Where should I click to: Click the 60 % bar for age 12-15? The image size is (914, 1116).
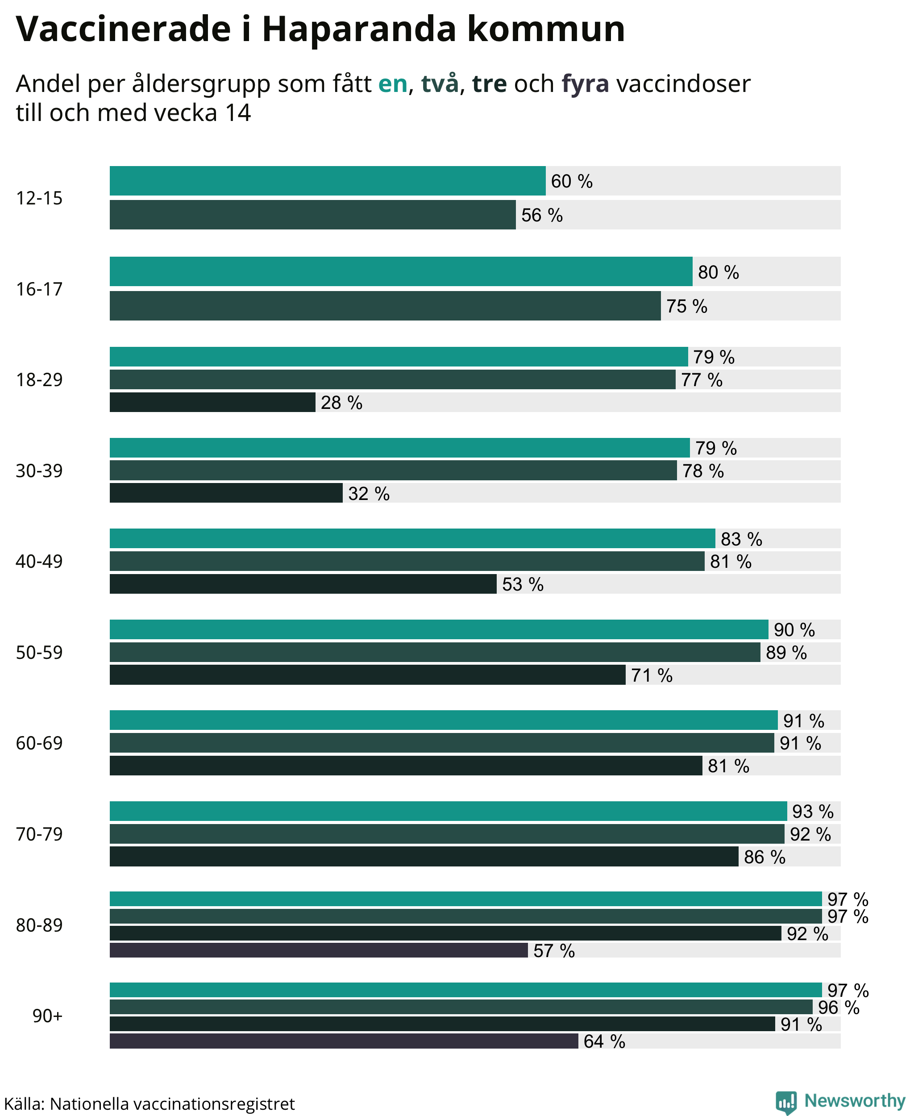click(328, 181)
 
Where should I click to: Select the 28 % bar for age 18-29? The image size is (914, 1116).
click(212, 402)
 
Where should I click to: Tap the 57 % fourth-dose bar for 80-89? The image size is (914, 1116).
click(319, 950)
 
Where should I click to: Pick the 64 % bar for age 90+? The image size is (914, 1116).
click(344, 1041)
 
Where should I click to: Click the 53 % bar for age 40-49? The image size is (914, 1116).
click(303, 584)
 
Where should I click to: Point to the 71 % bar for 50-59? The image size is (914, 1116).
click(367, 675)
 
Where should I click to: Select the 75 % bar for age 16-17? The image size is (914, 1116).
click(385, 305)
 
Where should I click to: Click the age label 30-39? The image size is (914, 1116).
click(39, 471)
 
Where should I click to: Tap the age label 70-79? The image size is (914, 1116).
click(39, 834)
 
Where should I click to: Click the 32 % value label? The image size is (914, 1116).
click(369, 493)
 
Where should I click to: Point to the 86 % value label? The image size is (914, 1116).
click(764, 857)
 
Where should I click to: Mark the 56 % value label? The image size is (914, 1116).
click(542, 215)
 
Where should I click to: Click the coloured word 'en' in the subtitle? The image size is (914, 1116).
click(393, 84)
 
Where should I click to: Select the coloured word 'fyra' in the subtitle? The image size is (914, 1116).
click(586, 84)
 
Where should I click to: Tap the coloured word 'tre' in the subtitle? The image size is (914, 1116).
click(489, 84)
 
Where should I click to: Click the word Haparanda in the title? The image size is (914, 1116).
click(359, 29)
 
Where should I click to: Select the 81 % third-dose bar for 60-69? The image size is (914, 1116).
click(406, 765)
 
